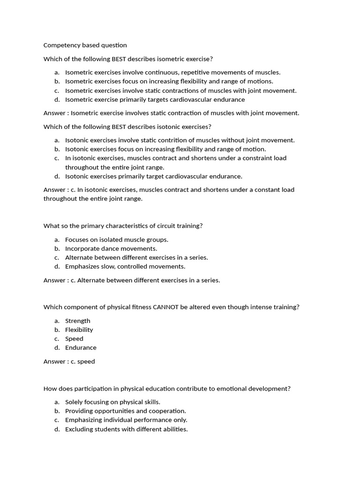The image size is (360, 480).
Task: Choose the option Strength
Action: (x=78, y=321)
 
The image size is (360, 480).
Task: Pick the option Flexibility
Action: (x=79, y=330)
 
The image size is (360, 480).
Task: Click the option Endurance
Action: (x=81, y=347)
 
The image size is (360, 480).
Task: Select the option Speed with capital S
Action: (x=74, y=338)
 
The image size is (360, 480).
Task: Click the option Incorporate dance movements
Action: (x=111, y=248)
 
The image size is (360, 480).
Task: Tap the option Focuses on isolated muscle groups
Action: (x=116, y=240)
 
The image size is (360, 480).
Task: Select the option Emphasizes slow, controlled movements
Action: (x=125, y=266)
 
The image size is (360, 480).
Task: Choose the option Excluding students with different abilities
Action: (x=127, y=429)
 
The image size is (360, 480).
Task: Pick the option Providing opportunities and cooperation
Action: (x=126, y=411)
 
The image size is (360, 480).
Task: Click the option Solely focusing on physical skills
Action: (x=112, y=402)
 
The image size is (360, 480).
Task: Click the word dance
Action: (x=109, y=248)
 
